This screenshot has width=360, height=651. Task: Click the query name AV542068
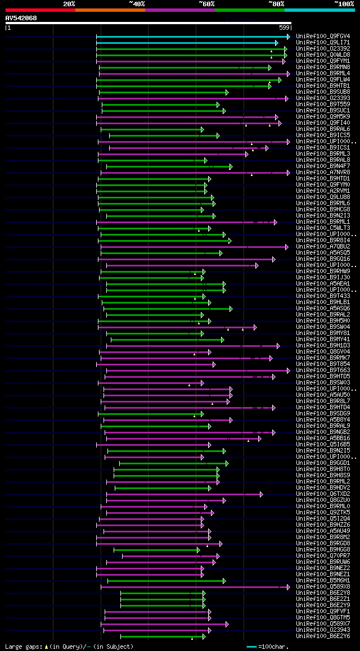(x=21, y=18)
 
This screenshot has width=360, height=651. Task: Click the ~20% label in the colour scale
(x=69, y=3)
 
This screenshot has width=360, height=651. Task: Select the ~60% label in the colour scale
(x=206, y=3)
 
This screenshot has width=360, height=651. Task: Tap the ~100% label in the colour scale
(x=344, y=3)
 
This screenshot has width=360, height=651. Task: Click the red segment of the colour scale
(x=40, y=10)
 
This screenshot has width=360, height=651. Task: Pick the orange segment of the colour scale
(x=110, y=10)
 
